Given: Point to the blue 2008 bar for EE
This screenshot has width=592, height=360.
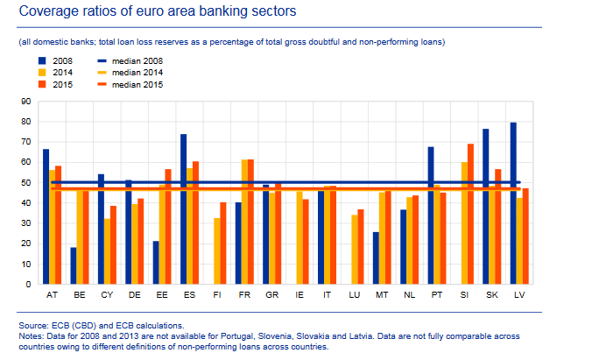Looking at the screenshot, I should click(156, 262).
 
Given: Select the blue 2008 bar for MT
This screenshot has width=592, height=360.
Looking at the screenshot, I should click(376, 258).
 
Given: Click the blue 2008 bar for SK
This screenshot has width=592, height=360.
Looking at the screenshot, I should click(486, 206).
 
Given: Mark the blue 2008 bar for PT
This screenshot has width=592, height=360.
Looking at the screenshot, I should click(431, 215).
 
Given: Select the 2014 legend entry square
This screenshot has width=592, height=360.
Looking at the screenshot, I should click(41, 73).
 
